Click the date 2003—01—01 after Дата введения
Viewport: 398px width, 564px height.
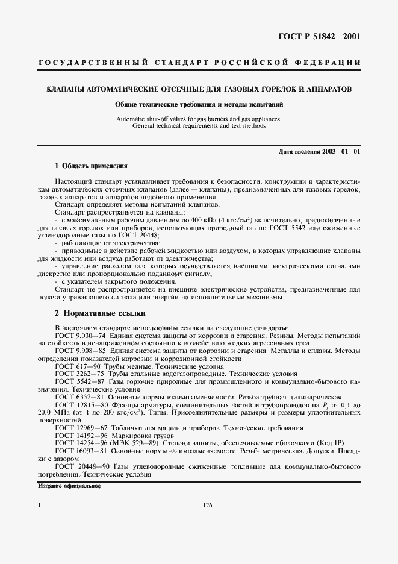341,151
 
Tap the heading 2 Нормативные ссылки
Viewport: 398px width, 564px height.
100,313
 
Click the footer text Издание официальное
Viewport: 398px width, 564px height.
69,486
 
